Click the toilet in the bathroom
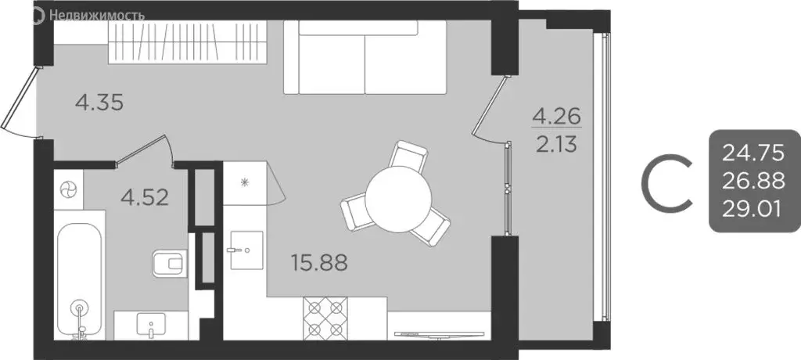[165, 263]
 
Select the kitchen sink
[245, 251]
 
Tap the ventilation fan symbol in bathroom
[69, 189]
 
